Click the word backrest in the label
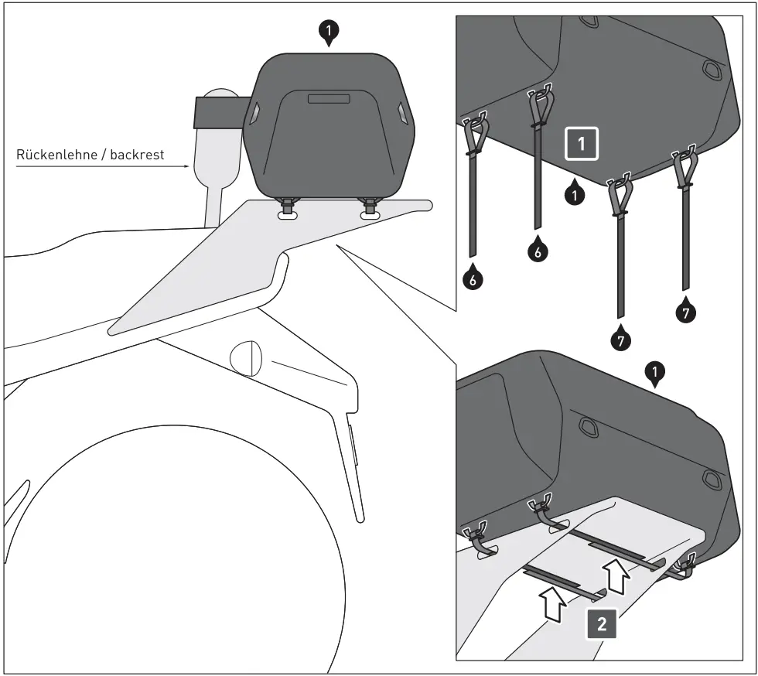pos(137,155)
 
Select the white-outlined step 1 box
pos(582,144)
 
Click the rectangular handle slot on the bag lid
pos(329,98)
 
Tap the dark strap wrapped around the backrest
pos(220,111)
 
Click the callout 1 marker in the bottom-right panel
pos(655,375)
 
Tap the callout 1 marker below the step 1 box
pos(573,194)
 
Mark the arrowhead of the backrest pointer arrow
pos(185,165)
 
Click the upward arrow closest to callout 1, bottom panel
pos(616,576)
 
